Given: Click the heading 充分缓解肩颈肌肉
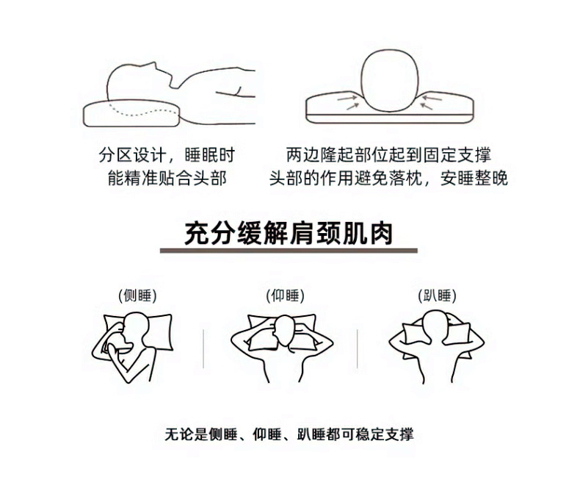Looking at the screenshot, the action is click(x=288, y=234).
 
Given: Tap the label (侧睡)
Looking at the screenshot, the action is click(x=137, y=296).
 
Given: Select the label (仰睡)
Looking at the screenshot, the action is click(x=285, y=296).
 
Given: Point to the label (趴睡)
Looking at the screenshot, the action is click(x=437, y=296).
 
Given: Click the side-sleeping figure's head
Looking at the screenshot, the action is click(x=136, y=328).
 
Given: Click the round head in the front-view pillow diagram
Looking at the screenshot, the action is click(x=390, y=79).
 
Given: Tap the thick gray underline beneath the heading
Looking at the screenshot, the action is click(x=289, y=251).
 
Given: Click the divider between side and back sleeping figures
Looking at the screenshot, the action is click(x=203, y=349).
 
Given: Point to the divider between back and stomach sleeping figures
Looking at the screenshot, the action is click(x=357, y=349).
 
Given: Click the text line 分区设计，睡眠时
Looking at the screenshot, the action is click(x=167, y=155).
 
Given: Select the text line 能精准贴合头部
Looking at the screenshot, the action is click(x=167, y=178).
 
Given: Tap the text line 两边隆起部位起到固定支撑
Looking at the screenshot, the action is click(x=388, y=155).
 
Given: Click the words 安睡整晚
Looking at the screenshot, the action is click(x=474, y=178).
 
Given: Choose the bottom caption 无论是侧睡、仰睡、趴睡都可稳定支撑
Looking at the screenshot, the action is click(x=289, y=434).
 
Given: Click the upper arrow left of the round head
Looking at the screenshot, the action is click(x=347, y=98).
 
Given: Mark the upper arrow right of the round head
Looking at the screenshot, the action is click(x=432, y=98).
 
